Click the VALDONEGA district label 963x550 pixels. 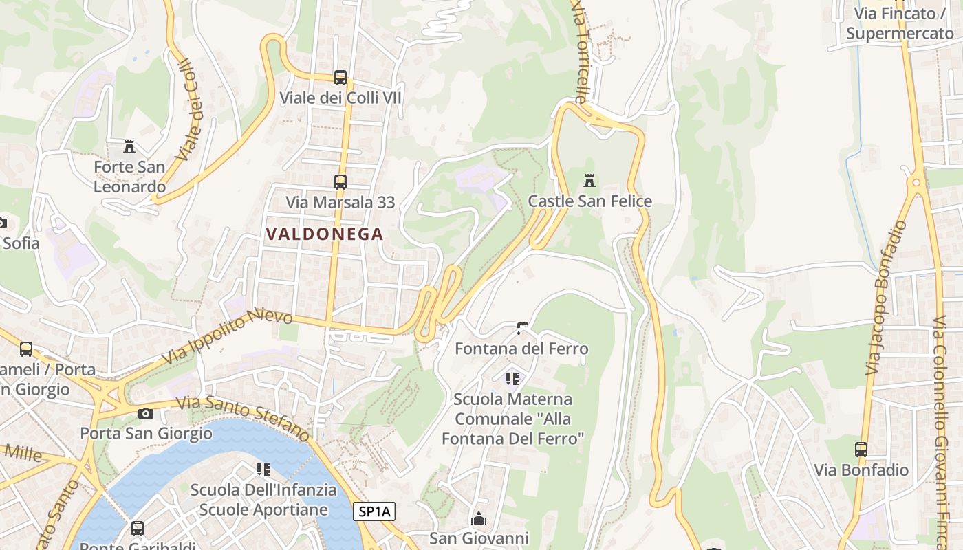(x=324, y=234)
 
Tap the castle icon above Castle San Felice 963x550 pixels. (x=589, y=181)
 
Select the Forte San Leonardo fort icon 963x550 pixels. (x=129, y=146)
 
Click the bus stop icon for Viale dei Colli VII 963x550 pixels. (x=340, y=78)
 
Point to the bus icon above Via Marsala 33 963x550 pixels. (x=340, y=182)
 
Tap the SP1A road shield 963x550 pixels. (x=375, y=511)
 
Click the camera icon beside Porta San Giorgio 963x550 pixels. (x=145, y=413)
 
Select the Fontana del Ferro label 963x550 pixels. (x=521, y=349)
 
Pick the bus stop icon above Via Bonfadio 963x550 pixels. (x=861, y=450)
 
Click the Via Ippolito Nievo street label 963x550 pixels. (x=228, y=337)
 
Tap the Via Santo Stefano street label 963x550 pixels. (x=244, y=419)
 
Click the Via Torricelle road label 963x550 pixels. (x=581, y=52)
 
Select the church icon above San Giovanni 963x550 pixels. (x=478, y=518)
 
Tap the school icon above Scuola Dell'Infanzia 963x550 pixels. (x=263, y=470)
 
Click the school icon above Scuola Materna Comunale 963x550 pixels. (x=512, y=379)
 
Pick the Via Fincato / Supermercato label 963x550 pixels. (x=900, y=23)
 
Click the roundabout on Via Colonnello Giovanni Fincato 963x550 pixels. (x=916, y=183)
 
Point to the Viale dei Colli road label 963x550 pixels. (x=191, y=110)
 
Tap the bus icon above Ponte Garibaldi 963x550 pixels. (x=138, y=529)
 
